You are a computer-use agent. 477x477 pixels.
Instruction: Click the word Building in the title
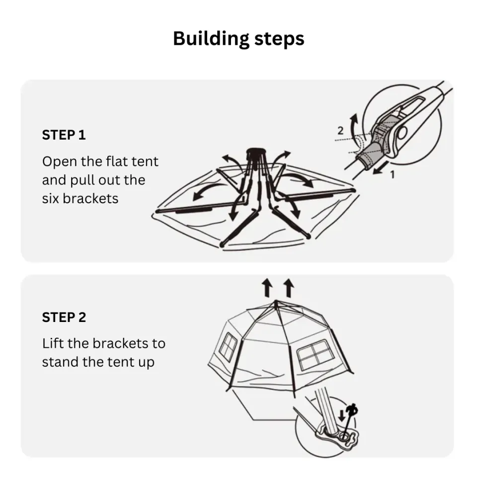(x=211, y=39)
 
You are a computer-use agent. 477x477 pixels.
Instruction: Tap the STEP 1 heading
(x=64, y=135)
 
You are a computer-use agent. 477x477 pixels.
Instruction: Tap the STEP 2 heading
(x=64, y=318)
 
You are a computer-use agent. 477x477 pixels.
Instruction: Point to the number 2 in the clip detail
(x=340, y=131)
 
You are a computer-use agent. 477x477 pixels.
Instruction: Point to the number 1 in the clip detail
(x=392, y=175)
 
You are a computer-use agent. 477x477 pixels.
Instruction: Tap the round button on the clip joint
(x=401, y=133)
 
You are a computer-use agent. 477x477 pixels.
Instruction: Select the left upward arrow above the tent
(x=267, y=288)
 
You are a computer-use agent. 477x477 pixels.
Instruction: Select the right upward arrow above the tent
(x=289, y=288)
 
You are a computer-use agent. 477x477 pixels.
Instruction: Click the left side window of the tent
(x=228, y=346)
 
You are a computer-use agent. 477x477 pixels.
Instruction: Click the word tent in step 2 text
(x=116, y=362)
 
